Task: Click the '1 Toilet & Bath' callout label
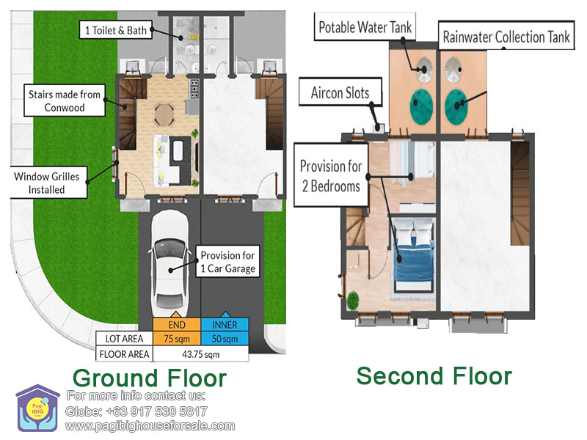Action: [x=116, y=30]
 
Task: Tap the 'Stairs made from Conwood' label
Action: [x=65, y=100]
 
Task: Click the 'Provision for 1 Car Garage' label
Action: [x=228, y=262]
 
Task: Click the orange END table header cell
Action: [x=177, y=324]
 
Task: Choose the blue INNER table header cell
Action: [x=225, y=324]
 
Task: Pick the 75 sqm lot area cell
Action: [x=177, y=339]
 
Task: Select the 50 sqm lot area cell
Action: [x=225, y=339]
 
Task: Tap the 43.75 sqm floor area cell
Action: [x=200, y=354]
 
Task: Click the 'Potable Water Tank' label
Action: [x=365, y=27]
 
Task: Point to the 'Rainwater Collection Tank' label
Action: [x=506, y=36]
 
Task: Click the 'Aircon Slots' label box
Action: [x=340, y=92]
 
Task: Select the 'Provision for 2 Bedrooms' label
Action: [x=332, y=175]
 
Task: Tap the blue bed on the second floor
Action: [x=414, y=254]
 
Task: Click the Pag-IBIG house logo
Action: [x=37, y=408]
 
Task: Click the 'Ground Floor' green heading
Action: [x=150, y=378]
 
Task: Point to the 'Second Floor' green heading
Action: [x=434, y=375]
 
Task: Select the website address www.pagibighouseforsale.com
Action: [x=150, y=426]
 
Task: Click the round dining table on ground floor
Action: [x=164, y=115]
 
